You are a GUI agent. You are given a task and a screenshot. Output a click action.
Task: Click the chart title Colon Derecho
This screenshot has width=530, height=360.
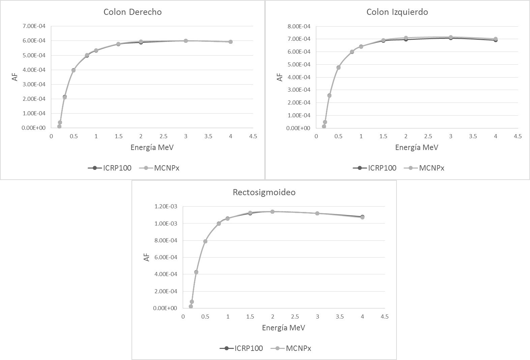point(132,12)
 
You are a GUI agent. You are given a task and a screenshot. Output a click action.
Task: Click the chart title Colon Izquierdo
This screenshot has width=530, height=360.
point(397,12)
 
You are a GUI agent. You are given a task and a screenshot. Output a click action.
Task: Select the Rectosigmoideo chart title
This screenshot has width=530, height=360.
point(264,192)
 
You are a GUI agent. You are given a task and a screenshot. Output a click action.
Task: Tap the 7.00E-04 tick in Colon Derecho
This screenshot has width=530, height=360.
point(35,26)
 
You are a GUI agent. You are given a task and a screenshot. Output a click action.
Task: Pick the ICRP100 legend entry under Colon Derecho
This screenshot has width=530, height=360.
point(110,168)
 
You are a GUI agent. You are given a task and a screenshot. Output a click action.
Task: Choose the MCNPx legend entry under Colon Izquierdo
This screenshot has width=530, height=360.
point(426,168)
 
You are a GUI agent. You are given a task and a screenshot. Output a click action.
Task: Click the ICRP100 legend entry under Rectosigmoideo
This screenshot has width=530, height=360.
point(241,348)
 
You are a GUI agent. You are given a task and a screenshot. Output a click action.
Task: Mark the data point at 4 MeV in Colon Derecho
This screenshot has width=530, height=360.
point(231,42)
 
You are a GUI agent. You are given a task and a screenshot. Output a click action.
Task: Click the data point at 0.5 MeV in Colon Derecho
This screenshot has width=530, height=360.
point(73,70)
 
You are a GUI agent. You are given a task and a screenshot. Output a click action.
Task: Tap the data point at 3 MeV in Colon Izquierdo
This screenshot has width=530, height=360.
point(450,37)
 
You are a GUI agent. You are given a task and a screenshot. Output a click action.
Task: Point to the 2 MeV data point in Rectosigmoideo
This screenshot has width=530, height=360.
point(272,212)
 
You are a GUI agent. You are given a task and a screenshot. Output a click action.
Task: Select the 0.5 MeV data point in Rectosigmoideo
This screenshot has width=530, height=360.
point(205,241)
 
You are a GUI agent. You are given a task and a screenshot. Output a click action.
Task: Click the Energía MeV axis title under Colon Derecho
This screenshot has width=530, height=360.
point(152,147)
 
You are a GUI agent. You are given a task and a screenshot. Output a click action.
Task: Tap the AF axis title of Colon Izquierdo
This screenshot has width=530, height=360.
point(280,77)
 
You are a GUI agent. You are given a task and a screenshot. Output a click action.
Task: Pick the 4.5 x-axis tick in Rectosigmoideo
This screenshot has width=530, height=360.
point(384,317)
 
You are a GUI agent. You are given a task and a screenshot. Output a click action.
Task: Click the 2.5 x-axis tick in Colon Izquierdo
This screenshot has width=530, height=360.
point(428,136)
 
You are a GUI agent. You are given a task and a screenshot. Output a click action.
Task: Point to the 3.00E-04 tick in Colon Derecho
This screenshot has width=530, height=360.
point(35,84)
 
